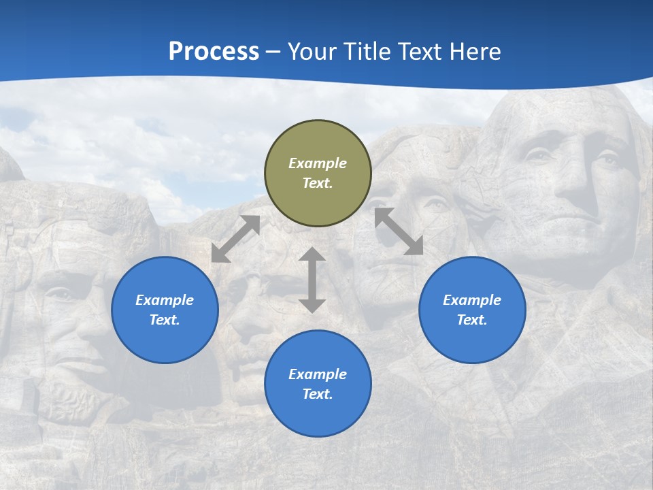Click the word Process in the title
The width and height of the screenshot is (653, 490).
pyautogui.click(x=214, y=52)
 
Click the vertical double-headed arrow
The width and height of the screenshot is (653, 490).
pyautogui.click(x=312, y=280)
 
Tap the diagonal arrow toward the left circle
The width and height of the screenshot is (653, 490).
pyautogui.click(x=235, y=239)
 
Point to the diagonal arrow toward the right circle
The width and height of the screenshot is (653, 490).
pyautogui.click(x=399, y=231)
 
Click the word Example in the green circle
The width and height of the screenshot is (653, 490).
pyautogui.click(x=318, y=163)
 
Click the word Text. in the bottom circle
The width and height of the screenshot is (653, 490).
pyautogui.click(x=318, y=394)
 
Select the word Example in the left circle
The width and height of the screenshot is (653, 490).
pyautogui.click(x=165, y=300)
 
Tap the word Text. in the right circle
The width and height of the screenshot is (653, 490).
pyautogui.click(x=472, y=320)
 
